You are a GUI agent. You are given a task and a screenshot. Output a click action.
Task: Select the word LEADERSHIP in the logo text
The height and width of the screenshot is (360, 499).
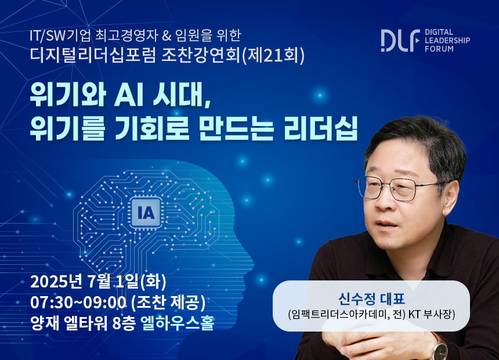[x=447, y=41]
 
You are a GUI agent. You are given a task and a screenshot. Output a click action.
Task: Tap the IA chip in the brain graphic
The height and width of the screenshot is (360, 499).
[x=146, y=213]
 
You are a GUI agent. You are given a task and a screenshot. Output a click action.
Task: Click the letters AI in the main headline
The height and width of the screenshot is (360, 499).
[x=127, y=95]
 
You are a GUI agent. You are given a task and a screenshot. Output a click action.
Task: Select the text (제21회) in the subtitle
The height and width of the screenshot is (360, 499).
[x=273, y=55]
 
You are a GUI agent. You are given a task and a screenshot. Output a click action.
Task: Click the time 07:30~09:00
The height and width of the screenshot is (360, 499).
[x=78, y=303]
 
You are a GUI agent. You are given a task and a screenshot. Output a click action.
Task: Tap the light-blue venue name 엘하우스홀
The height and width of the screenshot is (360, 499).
[x=177, y=323]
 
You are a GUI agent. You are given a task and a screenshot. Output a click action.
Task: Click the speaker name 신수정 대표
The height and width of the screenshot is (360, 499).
[x=371, y=299]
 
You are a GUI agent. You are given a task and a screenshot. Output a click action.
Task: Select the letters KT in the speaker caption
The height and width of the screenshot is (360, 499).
[x=415, y=315]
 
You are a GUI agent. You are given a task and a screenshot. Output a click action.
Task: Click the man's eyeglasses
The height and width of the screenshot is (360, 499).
[x=399, y=188]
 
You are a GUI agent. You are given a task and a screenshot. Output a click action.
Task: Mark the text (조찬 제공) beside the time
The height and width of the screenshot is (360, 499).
[x=168, y=303]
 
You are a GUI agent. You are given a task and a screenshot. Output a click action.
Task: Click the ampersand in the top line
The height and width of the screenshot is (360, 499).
[x=166, y=35]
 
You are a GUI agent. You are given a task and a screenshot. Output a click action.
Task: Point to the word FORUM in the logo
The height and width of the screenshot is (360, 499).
[x=439, y=49]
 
